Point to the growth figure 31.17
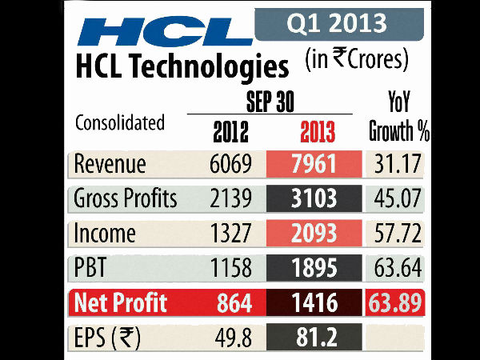click(x=398, y=164)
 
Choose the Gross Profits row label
click(x=125, y=198)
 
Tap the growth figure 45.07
click(x=398, y=198)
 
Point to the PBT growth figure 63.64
click(x=398, y=269)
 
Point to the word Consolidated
click(x=119, y=123)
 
